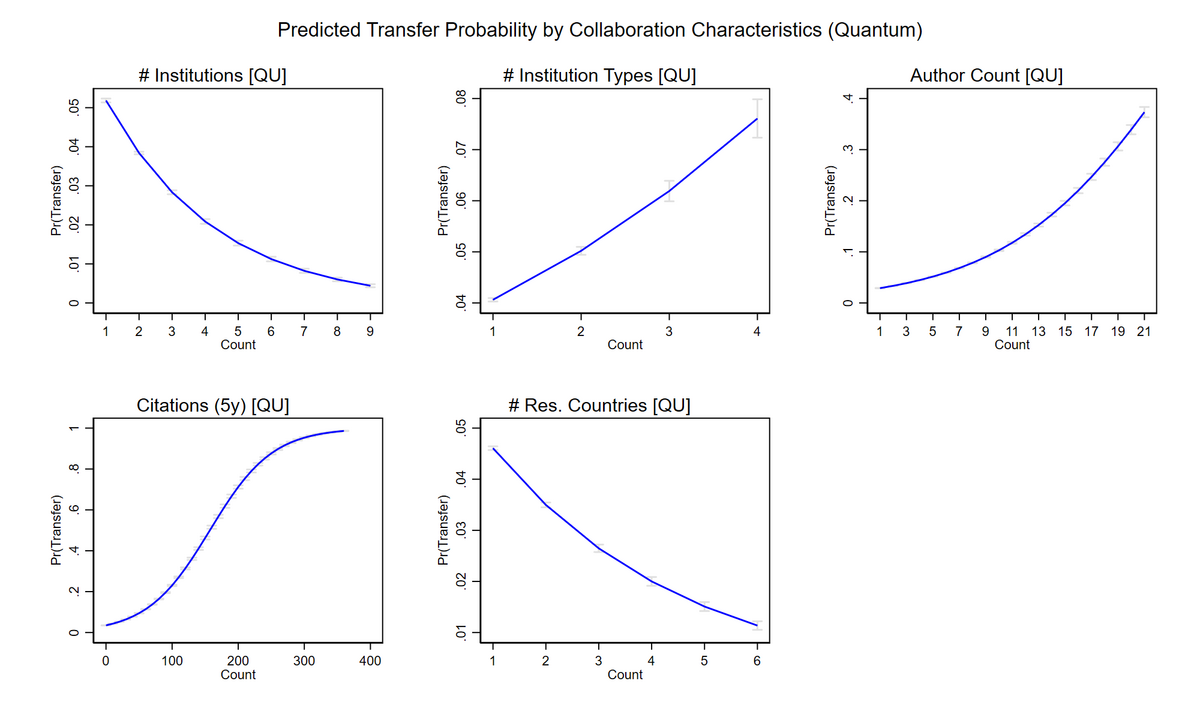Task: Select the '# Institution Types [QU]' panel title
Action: (x=600, y=75)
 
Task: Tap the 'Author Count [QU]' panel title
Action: (x=986, y=75)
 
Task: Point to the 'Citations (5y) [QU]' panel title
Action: (x=213, y=405)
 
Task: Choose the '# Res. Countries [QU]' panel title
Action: (x=599, y=405)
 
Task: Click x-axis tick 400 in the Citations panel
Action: (x=370, y=660)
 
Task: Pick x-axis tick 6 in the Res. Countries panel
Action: (x=757, y=660)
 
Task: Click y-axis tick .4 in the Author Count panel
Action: (x=848, y=98)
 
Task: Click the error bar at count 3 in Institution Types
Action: (x=669, y=190)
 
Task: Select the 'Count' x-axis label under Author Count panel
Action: (x=1012, y=345)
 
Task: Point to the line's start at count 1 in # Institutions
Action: (x=106, y=100)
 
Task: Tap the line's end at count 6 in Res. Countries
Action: (x=757, y=625)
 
